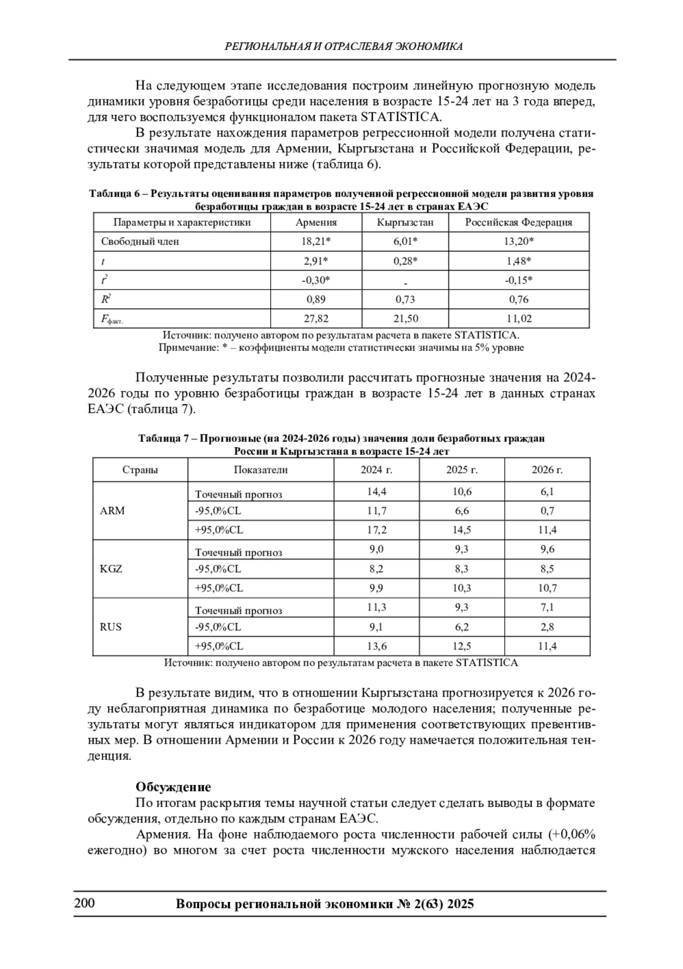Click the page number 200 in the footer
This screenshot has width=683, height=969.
tap(85, 903)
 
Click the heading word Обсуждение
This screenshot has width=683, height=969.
tap(173, 787)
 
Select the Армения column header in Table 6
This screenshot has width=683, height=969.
tap(316, 222)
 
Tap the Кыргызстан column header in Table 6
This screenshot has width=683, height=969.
tap(405, 222)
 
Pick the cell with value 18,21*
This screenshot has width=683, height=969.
tap(316, 242)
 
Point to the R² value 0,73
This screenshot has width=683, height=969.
tap(405, 300)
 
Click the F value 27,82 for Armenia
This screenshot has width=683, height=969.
tap(316, 319)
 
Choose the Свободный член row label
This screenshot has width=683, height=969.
tap(140, 242)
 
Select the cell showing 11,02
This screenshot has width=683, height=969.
tap(519, 319)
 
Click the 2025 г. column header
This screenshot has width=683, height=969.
tap(462, 470)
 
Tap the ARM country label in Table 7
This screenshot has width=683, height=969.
tap(112, 511)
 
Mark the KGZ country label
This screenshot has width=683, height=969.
tap(111, 569)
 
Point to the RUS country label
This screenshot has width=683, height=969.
tap(111, 627)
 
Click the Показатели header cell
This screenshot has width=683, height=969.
tap(261, 470)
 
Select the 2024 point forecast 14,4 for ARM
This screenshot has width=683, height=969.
tap(376, 492)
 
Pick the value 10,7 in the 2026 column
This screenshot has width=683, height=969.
tap(547, 588)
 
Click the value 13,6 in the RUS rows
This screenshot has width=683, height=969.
tap(376, 646)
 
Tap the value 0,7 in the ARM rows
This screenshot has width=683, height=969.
tap(547, 511)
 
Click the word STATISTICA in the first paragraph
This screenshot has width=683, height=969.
tap(402, 118)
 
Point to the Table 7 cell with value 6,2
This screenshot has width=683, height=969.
tap(462, 627)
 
